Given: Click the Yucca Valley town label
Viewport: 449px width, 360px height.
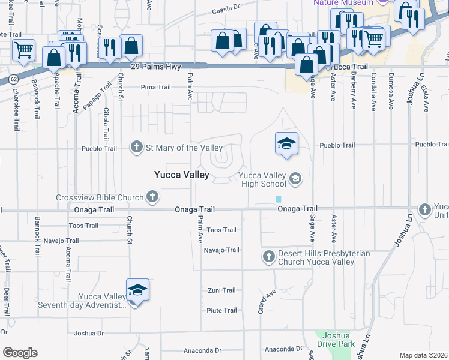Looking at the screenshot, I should (181, 175).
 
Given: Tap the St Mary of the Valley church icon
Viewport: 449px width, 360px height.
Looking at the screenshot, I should (137, 147).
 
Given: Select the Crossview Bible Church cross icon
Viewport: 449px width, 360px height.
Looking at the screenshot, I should (153, 197).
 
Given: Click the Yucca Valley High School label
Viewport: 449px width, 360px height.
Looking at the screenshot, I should (262, 179).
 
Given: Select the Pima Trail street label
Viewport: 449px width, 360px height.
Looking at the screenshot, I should (155, 87).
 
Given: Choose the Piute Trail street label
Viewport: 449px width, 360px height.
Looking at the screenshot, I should (221, 310).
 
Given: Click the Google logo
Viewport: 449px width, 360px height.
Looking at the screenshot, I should (20, 353).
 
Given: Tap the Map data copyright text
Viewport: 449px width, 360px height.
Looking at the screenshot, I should (423, 355).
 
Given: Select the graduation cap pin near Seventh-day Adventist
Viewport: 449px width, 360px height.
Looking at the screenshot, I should (137, 291).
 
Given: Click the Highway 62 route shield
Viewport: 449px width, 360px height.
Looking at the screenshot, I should (11, 78).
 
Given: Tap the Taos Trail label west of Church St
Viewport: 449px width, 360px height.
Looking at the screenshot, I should (83, 226).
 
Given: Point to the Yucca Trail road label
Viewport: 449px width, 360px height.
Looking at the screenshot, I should (349, 67).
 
